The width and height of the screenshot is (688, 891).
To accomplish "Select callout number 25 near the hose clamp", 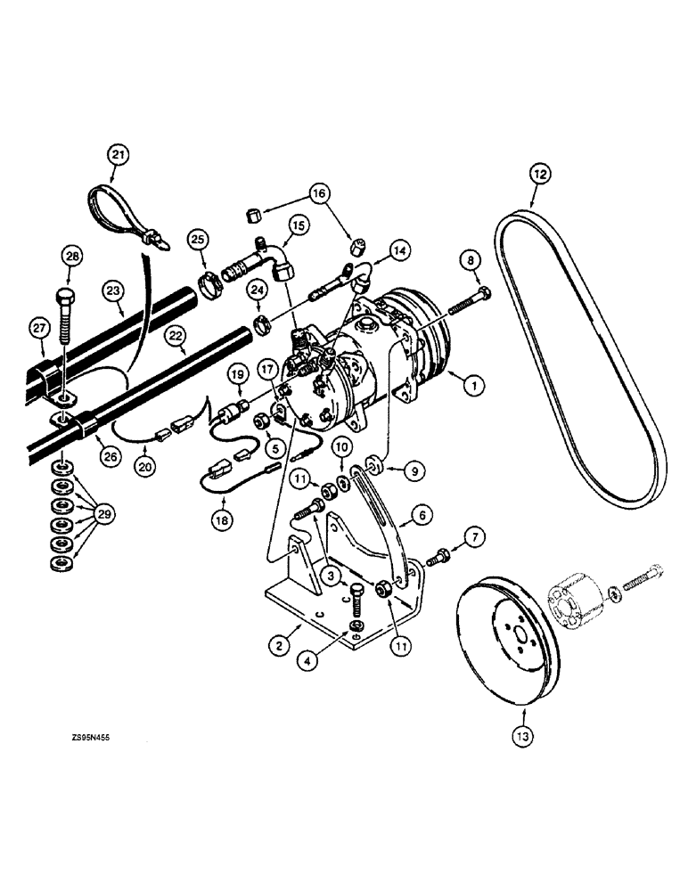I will [198, 240].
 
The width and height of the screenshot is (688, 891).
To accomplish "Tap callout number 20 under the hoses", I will [145, 465].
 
